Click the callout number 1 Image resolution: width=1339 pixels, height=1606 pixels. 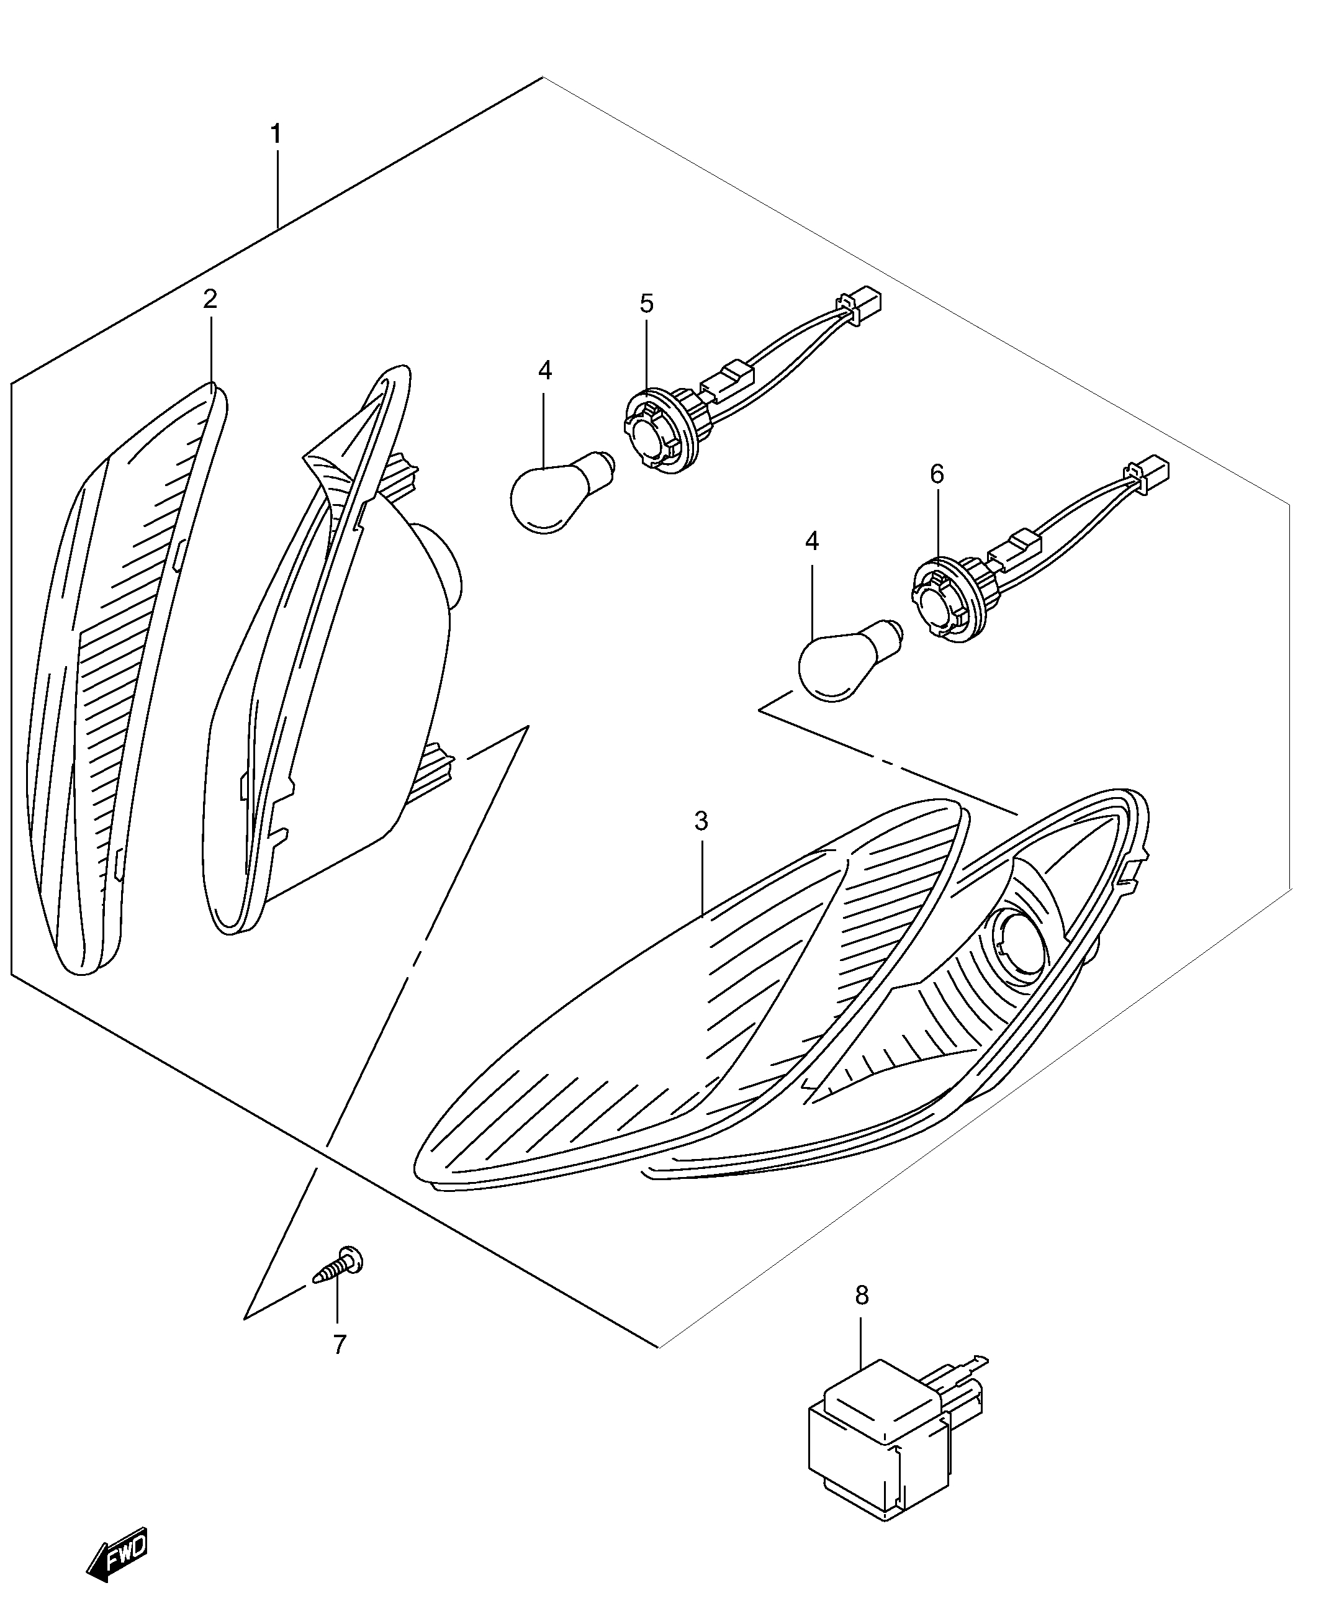coord(276,135)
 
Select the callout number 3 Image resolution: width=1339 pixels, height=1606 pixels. coord(701,822)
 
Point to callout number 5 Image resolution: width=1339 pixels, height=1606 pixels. coord(647,304)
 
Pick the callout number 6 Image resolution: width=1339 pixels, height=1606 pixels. coord(937,475)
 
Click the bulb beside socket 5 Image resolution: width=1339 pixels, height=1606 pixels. coord(562,491)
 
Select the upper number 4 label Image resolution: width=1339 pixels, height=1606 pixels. coord(544,371)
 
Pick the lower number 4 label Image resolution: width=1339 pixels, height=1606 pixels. coord(811,541)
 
